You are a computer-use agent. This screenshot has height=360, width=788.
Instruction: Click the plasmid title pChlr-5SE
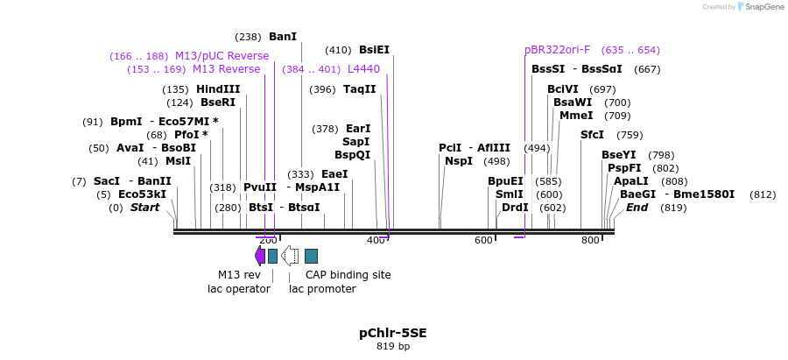pos(393,333)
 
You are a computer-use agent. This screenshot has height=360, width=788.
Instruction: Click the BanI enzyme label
pos(283,37)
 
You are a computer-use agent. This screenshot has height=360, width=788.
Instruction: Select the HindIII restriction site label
pos(218,89)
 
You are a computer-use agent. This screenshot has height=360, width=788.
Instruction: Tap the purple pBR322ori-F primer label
pos(557,50)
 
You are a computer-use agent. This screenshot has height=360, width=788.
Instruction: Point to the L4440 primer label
pos(363,69)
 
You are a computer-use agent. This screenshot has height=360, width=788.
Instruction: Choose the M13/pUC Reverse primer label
pos(222,56)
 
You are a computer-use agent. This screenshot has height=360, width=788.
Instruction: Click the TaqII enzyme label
pos(359,89)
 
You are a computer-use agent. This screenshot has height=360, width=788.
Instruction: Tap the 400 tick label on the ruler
pos(376,240)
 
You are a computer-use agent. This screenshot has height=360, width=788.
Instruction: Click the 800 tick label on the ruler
pos(590,240)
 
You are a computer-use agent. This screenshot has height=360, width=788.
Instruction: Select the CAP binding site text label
pos(348,274)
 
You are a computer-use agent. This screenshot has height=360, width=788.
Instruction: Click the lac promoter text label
pos(322,288)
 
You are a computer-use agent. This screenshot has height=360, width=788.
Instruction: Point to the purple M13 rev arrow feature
pos(259,256)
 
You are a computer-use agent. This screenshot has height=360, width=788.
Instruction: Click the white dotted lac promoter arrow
pos(290,256)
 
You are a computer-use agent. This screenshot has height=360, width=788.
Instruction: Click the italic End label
pos(637,208)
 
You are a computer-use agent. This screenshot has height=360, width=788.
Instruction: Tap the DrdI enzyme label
pos(515,208)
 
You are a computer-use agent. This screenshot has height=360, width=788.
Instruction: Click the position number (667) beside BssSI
pos(647,69)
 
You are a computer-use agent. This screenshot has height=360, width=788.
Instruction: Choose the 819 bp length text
pos(393,347)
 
